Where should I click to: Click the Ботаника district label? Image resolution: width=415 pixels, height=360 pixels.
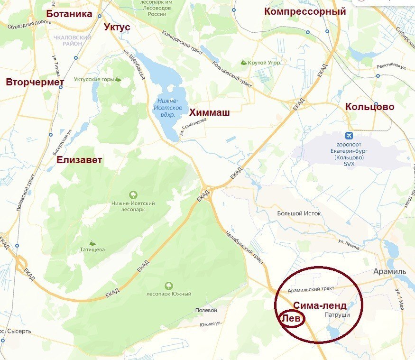coord(69,14)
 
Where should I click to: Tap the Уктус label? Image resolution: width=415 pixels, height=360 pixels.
coord(117,27)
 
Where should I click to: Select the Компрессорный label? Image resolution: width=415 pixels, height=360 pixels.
coord(305,11)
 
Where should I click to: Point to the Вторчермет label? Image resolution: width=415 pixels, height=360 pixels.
coord(35,83)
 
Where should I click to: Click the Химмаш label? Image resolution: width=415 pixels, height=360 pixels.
coord(210,112)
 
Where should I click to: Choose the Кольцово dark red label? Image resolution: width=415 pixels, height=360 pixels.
coord(369,107)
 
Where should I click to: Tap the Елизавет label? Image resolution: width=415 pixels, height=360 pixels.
coord(79,160)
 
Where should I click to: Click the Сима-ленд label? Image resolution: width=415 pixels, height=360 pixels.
coord(319,305)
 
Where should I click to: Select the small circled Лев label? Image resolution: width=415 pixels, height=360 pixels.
coord(291,318)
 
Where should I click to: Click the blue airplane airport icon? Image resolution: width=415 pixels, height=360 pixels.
coord(350,136)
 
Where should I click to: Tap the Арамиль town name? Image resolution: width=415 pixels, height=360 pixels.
coord(389,271)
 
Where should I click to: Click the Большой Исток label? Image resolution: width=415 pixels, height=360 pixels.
coord(299,213)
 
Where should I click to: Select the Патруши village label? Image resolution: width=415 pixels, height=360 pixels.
coord(337,315)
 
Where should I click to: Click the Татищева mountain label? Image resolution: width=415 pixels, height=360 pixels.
coord(92,249)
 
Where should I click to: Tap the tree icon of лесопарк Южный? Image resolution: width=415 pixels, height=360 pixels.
coord(168,286)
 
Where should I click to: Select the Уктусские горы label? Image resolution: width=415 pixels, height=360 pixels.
coord(94,79)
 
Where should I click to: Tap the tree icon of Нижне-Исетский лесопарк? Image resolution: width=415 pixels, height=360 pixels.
coord(133,194)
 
